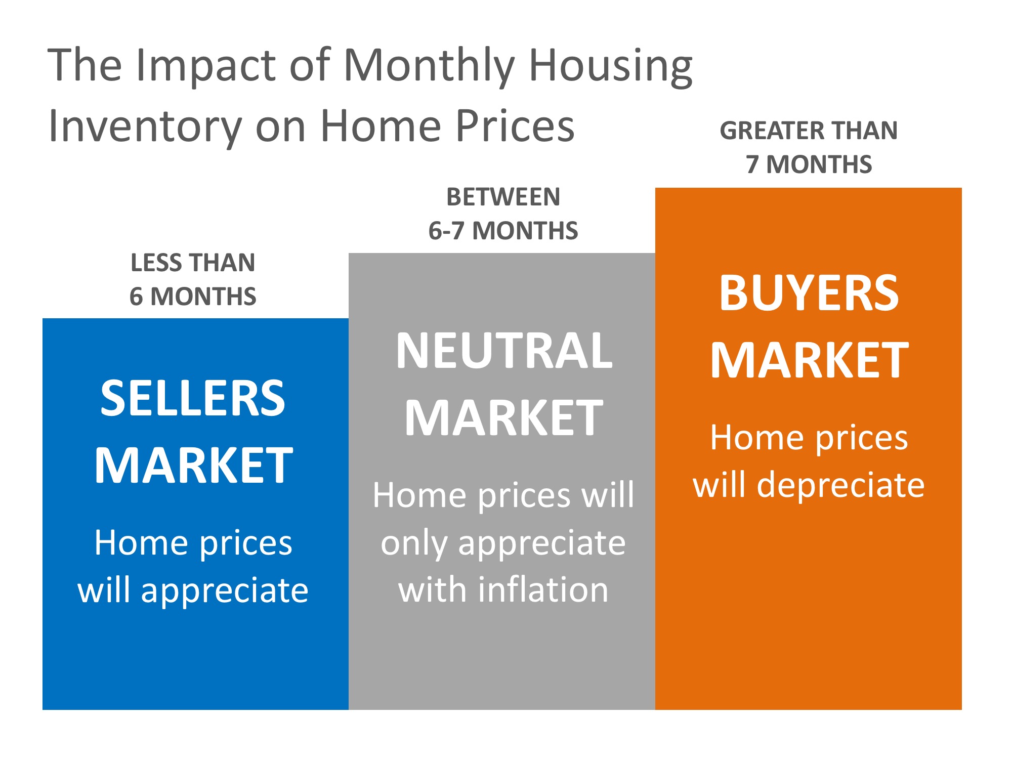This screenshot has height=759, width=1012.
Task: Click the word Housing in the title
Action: pos(610,66)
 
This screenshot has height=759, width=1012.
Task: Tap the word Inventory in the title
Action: pos(145,126)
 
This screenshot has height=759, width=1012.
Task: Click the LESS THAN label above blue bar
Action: pos(193,263)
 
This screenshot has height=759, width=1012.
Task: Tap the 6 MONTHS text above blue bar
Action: pos(193,297)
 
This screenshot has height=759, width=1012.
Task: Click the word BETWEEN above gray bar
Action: pos(503,197)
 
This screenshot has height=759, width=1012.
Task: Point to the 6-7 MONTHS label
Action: pos(503,231)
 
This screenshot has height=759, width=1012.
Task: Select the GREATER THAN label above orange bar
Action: pos(809,131)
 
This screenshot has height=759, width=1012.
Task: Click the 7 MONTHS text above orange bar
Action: pos(809,164)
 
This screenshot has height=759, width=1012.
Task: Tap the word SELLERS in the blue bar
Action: pos(193,399)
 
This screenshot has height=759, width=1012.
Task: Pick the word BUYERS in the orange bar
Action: pos(809,293)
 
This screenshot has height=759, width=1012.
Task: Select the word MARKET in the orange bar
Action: pos(809,360)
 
